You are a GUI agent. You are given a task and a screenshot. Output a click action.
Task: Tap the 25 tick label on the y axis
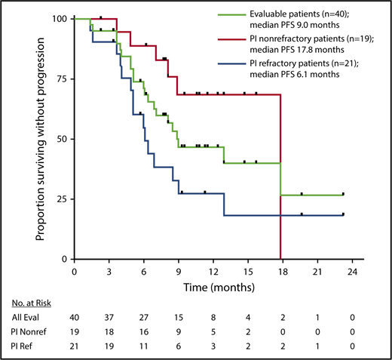(60, 199)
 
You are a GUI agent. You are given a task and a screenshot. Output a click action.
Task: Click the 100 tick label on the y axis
(58, 18)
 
